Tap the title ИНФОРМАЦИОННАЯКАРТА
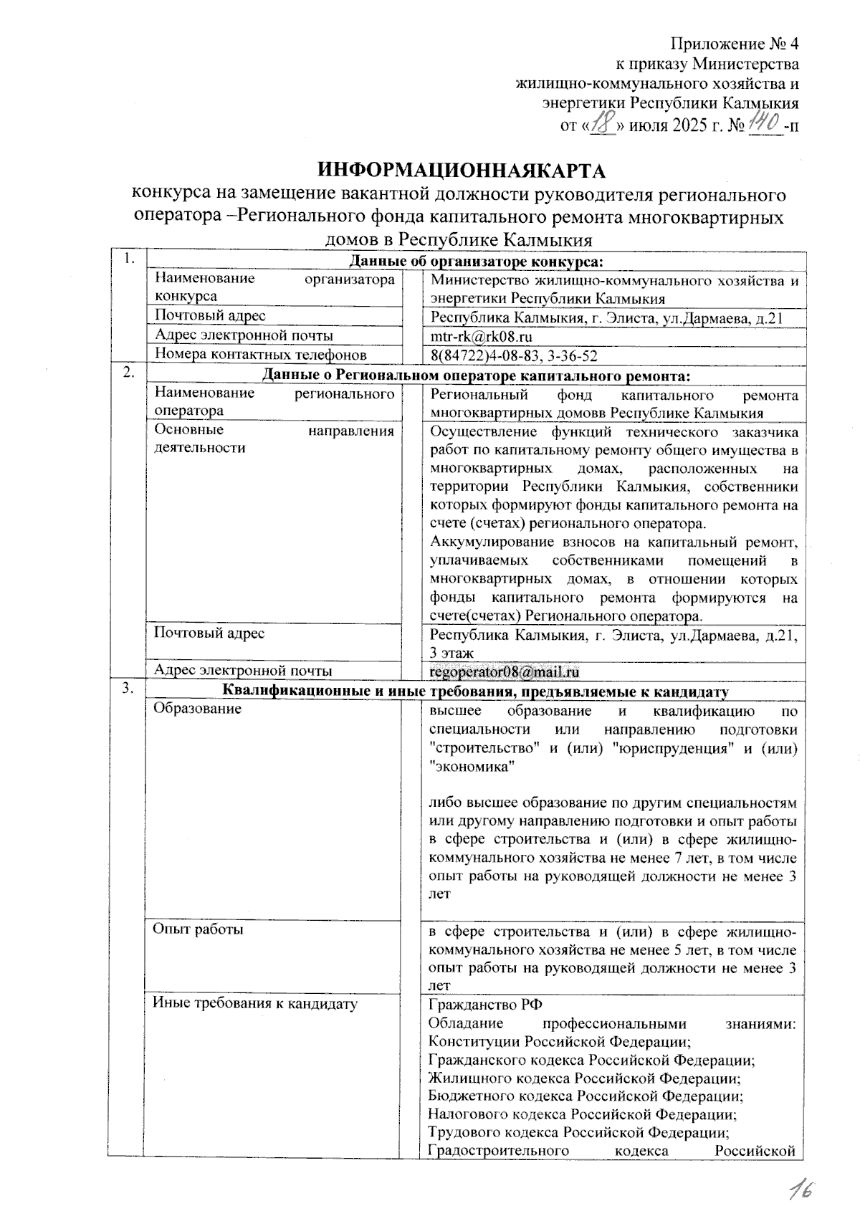[462, 171]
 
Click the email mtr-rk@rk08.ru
[481, 337]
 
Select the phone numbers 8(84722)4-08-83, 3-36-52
[514, 355]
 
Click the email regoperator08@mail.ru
[504, 671]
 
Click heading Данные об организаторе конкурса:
[475, 262]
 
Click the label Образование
[197, 709]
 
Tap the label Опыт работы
[199, 929]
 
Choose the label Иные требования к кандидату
[255, 1004]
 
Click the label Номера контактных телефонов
[261, 355]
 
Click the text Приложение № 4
[735, 44]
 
